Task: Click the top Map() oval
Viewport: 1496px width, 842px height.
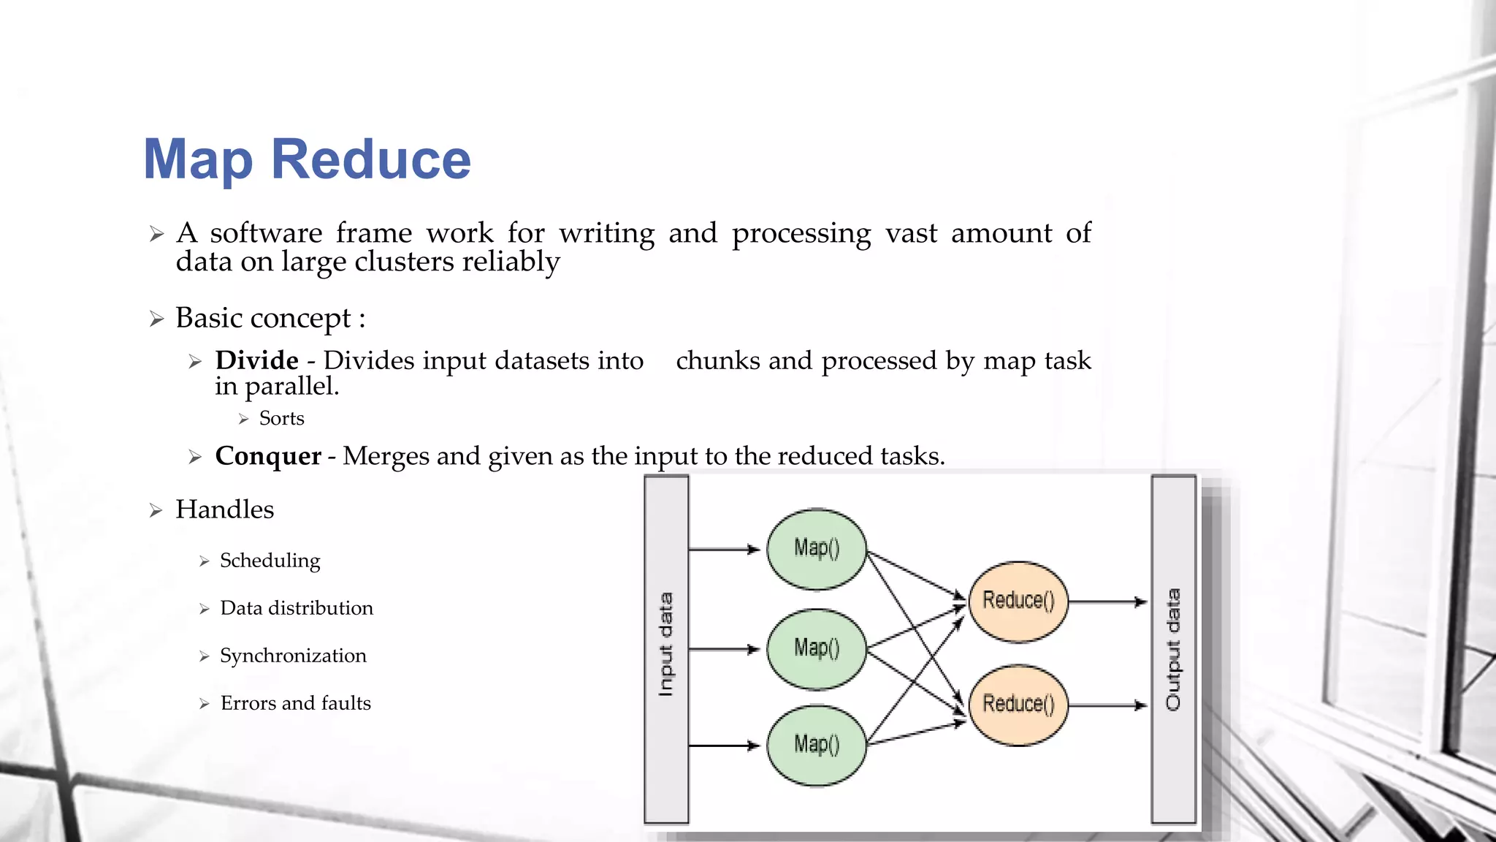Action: tap(817, 549)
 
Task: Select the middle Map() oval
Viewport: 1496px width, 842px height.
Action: tap(817, 648)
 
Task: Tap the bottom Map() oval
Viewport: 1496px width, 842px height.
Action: tap(817, 745)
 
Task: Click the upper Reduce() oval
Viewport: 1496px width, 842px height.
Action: tap(1018, 602)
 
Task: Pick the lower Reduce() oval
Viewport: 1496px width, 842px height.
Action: tap(1018, 705)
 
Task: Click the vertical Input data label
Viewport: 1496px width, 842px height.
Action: tap(665, 644)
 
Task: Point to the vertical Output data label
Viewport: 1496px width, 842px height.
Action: tap(1173, 649)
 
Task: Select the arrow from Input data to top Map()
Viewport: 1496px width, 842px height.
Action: tap(725, 549)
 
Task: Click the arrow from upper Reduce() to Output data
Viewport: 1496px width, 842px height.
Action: tap(1107, 602)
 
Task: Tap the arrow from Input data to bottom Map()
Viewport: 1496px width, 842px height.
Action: tap(725, 746)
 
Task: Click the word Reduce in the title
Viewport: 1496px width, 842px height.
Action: tap(371, 159)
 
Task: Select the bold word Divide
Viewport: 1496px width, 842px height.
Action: tap(256, 360)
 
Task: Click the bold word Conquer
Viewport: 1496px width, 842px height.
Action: tap(268, 456)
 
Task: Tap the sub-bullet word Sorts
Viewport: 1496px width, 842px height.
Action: tap(281, 418)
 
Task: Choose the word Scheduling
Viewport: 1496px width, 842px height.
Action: tap(270, 561)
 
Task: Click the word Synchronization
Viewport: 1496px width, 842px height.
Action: tap(293, 656)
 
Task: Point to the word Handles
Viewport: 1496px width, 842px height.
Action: tap(224, 509)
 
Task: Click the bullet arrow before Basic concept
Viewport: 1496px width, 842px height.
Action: tap(156, 319)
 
